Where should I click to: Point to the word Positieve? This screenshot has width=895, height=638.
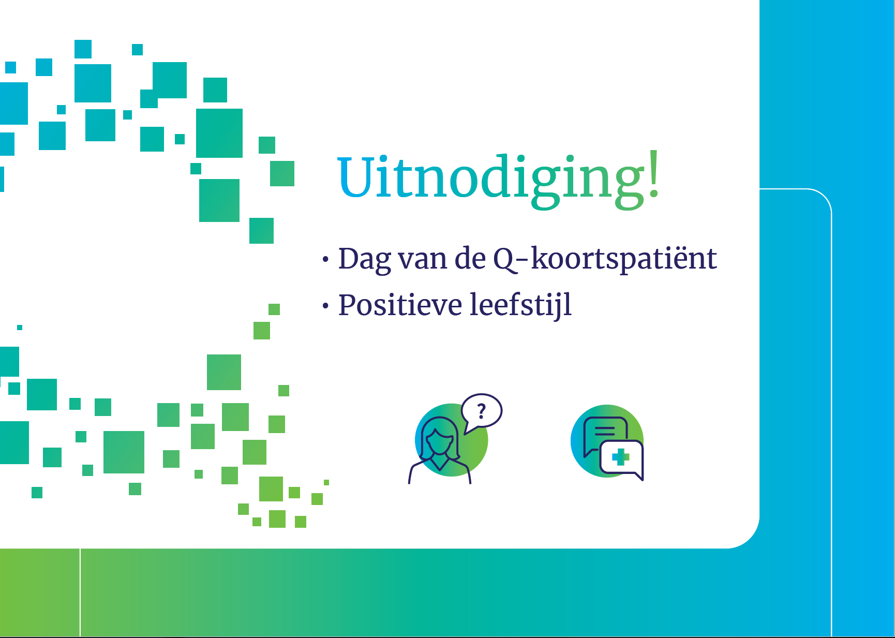point(400,305)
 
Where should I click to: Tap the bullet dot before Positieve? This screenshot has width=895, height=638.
point(325,306)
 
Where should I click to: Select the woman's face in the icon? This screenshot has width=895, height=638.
point(439,440)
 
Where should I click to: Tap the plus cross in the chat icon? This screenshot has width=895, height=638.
point(620,457)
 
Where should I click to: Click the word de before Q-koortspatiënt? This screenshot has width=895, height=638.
point(470,259)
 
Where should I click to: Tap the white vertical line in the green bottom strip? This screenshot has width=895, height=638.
point(80,592)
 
